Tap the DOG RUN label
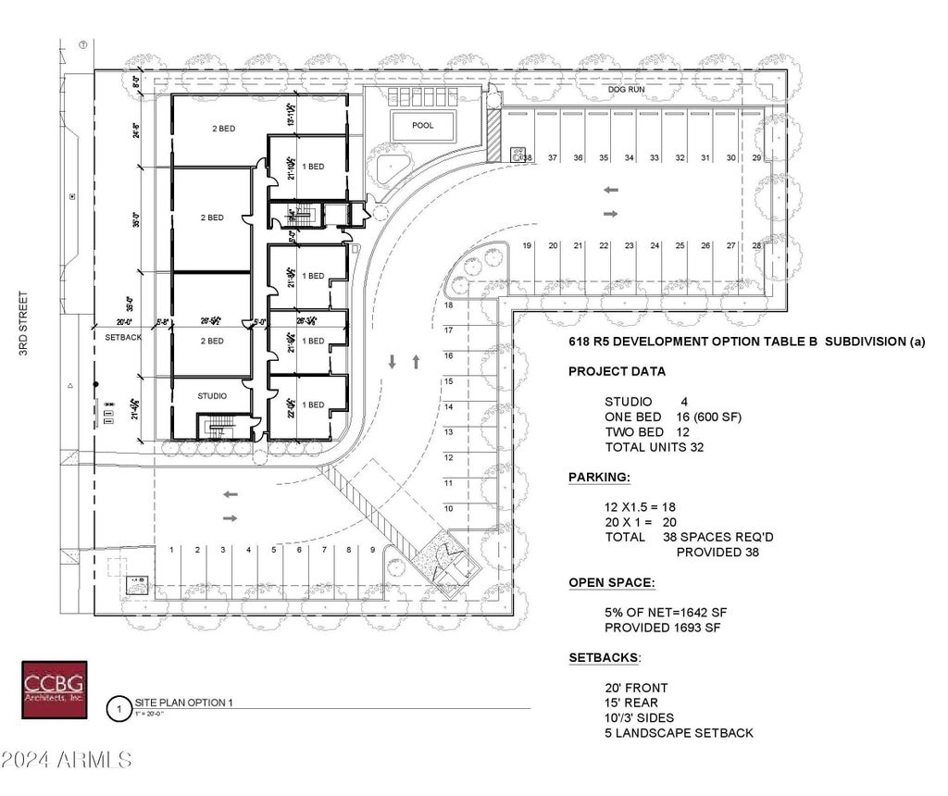click(x=625, y=90)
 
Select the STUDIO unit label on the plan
click(x=212, y=396)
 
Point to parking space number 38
click(x=527, y=158)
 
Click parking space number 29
click(x=756, y=158)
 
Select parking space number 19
click(x=527, y=245)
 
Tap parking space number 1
click(x=172, y=550)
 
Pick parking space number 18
click(x=448, y=305)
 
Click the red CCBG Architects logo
click(x=54, y=690)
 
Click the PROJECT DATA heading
click(x=617, y=372)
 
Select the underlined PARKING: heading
click(x=599, y=478)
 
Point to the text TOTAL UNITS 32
click(x=655, y=447)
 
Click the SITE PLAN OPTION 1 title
click(x=183, y=703)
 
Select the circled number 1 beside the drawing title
click(x=118, y=710)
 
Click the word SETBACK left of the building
click(x=123, y=338)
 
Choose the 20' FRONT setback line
click(x=636, y=688)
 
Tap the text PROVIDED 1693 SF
click(x=662, y=628)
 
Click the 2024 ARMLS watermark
click(x=67, y=761)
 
